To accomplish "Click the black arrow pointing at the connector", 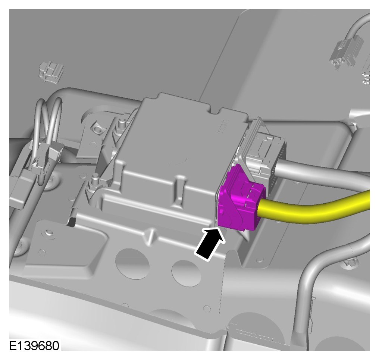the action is tap(210, 244).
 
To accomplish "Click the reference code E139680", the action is tap(34, 346).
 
